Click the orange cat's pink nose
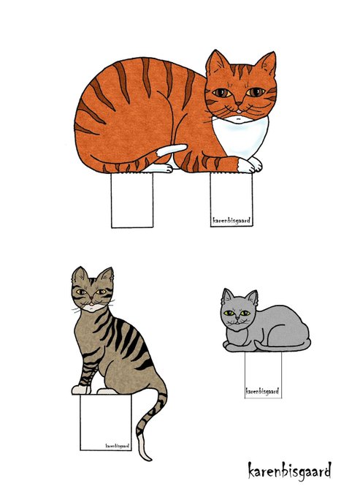point(238,103)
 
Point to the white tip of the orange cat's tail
point(172,149)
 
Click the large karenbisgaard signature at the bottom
point(289,471)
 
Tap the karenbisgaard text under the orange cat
point(231,220)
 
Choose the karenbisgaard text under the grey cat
point(262,391)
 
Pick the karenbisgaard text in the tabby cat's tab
point(118,446)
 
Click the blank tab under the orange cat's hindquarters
point(132,200)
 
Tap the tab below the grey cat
point(263,375)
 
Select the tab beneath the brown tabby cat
point(105,422)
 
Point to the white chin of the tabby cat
point(92,307)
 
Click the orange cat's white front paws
point(250,165)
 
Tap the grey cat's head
point(238,310)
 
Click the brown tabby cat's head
point(92,289)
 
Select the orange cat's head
point(241,86)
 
